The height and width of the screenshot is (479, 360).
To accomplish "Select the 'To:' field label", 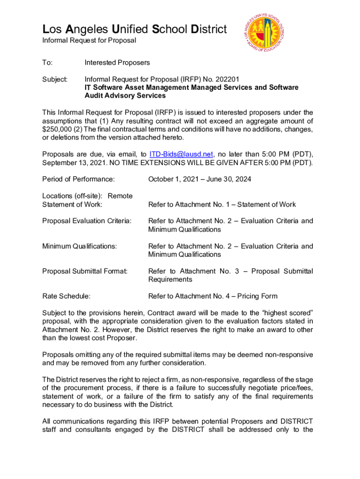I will point(47,63).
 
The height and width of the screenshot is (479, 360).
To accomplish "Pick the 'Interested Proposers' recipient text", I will point(117,63).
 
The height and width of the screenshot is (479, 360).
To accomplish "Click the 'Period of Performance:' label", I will point(79,179).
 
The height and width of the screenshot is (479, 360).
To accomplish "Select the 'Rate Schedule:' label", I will point(66,296).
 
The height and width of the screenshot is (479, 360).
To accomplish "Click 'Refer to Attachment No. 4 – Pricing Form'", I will point(213,296).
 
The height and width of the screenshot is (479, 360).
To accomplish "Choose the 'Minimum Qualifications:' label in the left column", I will point(79,246).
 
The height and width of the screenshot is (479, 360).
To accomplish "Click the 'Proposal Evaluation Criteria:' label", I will point(86,221).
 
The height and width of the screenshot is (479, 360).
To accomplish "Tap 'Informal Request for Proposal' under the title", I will point(89,40).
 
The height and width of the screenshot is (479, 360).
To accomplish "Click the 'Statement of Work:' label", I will point(72,204).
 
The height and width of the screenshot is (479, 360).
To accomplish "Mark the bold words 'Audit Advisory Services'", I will point(125,96).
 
